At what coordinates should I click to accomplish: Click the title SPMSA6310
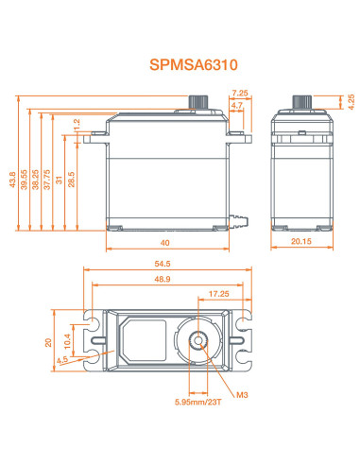tap(194, 65)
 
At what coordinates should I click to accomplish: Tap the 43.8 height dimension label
tap(12, 180)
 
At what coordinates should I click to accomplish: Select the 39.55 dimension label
tap(24, 180)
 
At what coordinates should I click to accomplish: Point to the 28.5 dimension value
tap(72, 180)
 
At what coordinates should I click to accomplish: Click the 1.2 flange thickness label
tap(77, 125)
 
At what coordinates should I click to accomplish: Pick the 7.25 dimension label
tap(240, 93)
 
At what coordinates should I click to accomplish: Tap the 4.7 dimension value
tap(237, 105)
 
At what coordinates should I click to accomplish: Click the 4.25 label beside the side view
tap(351, 102)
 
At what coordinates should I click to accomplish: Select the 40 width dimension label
tap(164, 243)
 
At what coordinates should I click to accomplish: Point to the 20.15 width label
tap(301, 241)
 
